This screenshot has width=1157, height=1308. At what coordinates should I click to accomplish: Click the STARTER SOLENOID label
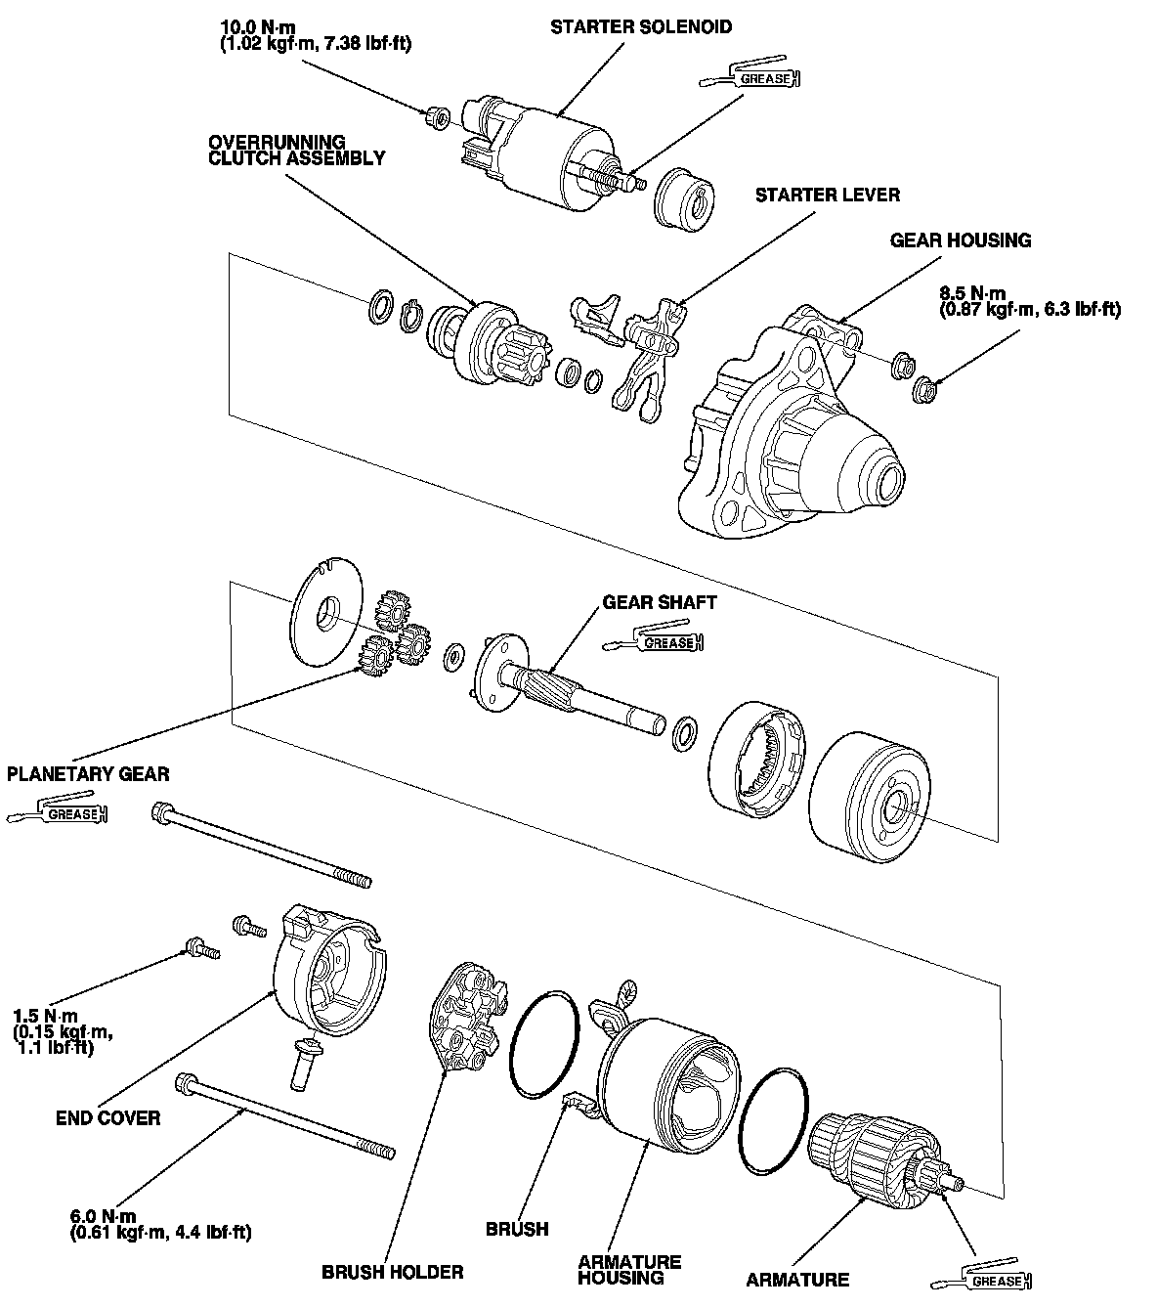640,26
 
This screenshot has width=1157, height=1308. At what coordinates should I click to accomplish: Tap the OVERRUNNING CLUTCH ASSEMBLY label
296,150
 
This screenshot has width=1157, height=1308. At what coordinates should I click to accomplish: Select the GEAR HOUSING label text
960,240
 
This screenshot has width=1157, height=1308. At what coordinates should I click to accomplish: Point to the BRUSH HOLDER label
392,1272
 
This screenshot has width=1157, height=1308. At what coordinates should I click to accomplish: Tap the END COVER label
107,1117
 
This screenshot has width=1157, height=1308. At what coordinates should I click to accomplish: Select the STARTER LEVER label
827,195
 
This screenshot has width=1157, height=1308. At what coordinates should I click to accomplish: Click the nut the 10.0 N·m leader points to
440,119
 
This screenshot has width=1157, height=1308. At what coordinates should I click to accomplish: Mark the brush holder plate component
463,1022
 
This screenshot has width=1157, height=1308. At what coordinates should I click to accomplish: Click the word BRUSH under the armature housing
517,1229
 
